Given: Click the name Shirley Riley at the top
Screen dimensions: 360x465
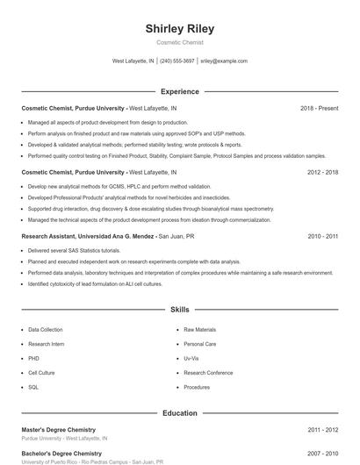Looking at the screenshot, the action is coord(179,28).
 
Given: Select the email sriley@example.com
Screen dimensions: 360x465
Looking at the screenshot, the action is coord(224,61).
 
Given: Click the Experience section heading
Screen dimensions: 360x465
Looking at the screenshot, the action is coord(179,91).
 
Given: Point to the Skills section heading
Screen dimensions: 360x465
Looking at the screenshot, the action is coord(179,310).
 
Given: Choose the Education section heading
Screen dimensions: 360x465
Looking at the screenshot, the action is coord(179,412).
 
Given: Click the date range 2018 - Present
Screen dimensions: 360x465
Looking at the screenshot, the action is coord(319,109).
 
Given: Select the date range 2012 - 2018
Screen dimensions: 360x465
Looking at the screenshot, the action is coord(322,173).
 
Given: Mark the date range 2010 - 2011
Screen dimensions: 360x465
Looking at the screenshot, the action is coord(322,237).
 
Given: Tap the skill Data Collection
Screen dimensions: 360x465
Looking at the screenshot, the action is coord(46,330).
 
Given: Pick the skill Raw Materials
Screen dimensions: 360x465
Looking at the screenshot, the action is coord(199,330).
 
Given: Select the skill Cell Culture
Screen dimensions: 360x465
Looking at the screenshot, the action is coord(41,373).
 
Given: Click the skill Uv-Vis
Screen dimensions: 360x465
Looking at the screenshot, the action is coord(191,359).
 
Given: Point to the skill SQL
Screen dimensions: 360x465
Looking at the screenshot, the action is coord(33,387).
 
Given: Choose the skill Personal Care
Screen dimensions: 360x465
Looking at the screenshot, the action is coord(199,344).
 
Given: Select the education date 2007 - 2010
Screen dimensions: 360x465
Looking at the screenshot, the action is coord(322,454).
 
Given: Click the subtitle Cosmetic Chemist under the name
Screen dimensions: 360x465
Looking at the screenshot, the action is coord(179,42).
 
